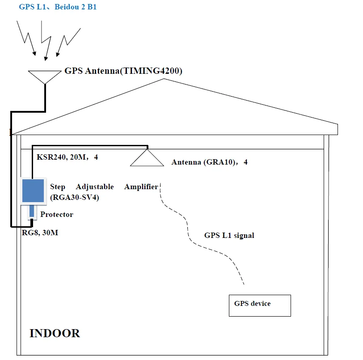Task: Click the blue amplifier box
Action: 33,190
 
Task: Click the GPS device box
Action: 260,305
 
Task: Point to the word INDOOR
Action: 55,333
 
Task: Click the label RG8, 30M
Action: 40,233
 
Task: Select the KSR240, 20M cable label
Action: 63,157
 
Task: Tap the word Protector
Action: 56,214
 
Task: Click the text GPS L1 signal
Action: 229,235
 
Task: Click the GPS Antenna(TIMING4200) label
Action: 123,71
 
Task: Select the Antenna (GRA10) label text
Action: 209,162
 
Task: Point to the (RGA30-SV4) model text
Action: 74,196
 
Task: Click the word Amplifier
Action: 141,186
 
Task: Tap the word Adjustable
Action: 95,186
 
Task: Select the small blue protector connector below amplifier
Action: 31,212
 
